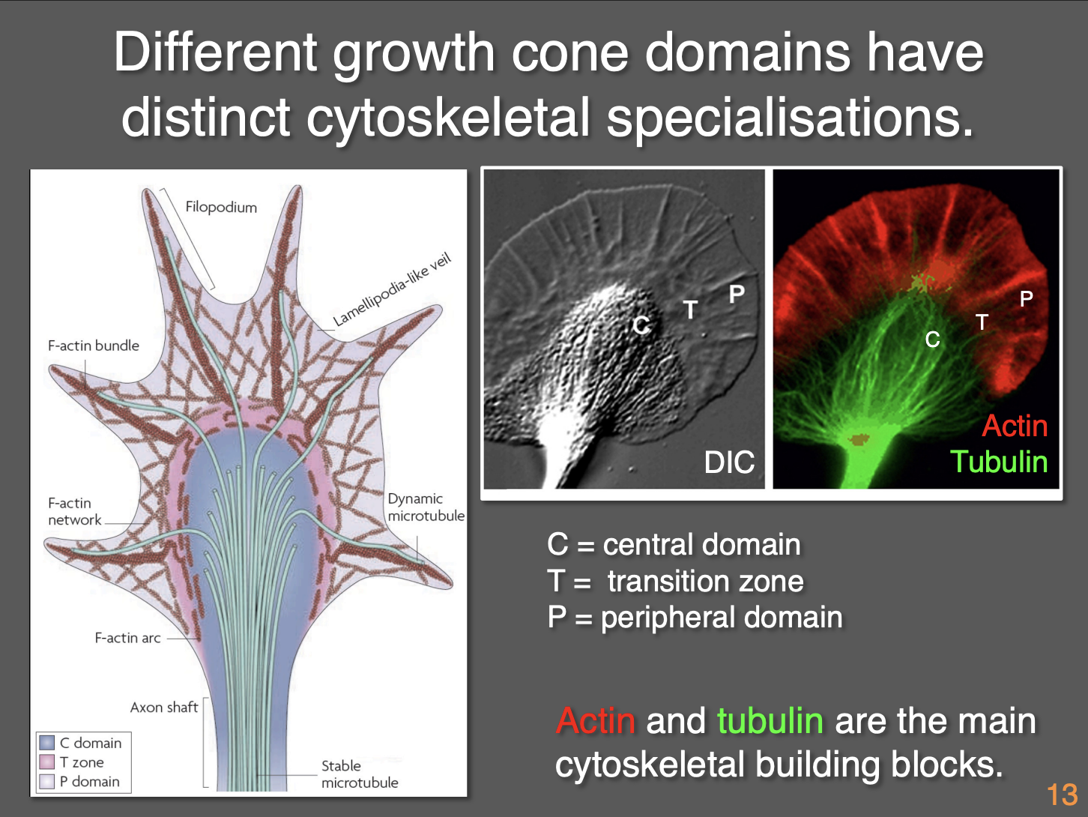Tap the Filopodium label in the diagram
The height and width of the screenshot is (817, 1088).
221,207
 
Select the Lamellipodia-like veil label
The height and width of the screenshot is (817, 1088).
392,291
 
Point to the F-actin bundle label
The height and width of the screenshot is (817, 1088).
94,346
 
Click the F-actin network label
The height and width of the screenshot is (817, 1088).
74,511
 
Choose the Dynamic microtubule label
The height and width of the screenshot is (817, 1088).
426,507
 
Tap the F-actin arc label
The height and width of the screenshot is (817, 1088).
127,638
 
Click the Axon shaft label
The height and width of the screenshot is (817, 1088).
163,708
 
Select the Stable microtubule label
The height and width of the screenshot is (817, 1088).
359,774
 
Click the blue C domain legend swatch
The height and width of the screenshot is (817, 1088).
47,743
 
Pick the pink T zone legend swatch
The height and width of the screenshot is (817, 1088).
47,762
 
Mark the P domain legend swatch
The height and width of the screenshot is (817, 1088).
47,782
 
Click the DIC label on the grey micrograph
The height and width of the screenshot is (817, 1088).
729,462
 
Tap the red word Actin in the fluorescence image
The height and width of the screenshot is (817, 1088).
1015,426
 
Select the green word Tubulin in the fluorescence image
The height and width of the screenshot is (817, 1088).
999,462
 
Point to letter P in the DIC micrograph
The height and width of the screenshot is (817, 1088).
737,295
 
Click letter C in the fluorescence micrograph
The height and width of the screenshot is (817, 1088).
932,340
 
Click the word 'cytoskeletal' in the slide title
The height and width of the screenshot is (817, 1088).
448,118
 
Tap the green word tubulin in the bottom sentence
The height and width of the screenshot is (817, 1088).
770,721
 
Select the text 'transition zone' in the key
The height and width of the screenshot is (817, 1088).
705,582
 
